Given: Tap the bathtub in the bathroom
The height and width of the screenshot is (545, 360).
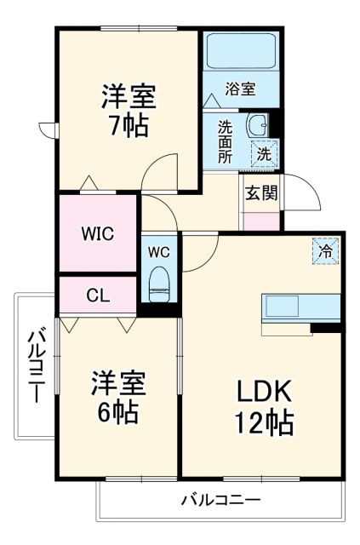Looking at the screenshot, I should coord(242,51).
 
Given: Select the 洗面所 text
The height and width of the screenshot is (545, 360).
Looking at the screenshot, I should coord(225,141).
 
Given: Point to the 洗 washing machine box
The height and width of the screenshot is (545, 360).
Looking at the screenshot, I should coord(264,155).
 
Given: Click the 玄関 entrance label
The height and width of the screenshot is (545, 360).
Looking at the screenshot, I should coord(261,192).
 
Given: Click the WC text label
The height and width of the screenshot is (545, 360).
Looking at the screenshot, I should coord(158,251).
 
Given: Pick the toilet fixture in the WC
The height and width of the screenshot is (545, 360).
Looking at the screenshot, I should coord(158,284).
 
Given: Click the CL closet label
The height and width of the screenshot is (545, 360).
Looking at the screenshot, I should coord(97,295).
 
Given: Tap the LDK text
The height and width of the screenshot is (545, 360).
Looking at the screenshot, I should coord(262,393).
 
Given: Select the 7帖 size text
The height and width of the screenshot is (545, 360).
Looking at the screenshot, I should coord(128,126).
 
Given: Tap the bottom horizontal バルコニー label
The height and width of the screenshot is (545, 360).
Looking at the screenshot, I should coord(220,499).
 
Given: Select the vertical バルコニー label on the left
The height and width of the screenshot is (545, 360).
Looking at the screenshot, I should coord(36,367).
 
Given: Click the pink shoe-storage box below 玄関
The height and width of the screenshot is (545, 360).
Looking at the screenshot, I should coord(261,220).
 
